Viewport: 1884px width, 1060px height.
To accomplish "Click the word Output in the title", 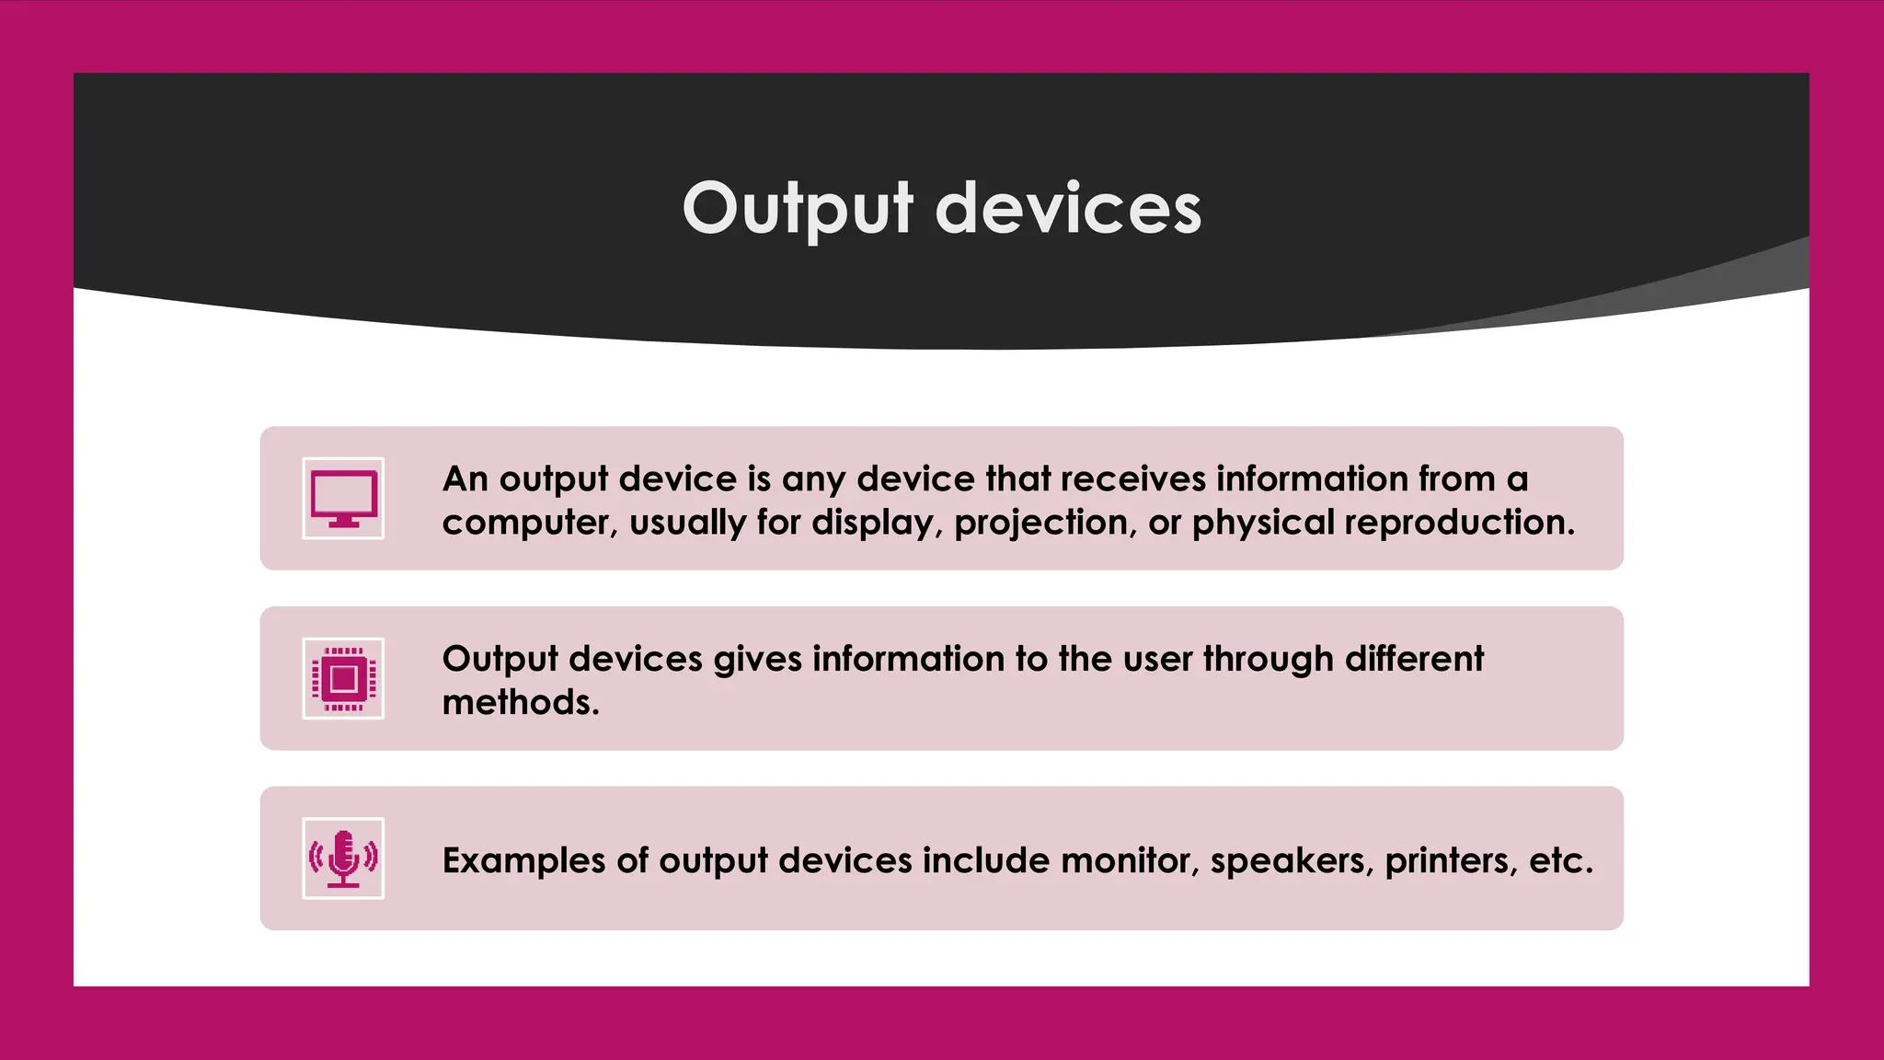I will click(798, 210).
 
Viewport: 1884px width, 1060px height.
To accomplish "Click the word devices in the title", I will click(1068, 210).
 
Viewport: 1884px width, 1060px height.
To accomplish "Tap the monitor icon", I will click(343, 498).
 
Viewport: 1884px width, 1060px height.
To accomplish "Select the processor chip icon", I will click(343, 678).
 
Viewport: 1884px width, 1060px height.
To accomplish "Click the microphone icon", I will click(343, 858).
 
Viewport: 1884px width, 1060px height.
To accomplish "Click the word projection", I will click(1040, 524).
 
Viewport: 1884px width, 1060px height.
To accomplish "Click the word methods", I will click(521, 703).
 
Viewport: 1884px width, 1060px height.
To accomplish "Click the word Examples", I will click(523, 861).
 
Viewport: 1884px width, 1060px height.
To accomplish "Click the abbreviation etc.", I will click(1560, 861).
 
